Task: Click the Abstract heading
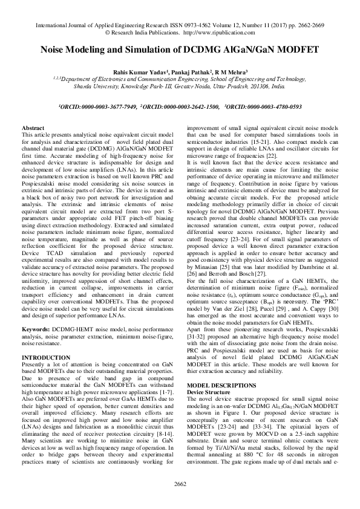[x=33, y=129]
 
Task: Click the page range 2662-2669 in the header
[x=307, y=26]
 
